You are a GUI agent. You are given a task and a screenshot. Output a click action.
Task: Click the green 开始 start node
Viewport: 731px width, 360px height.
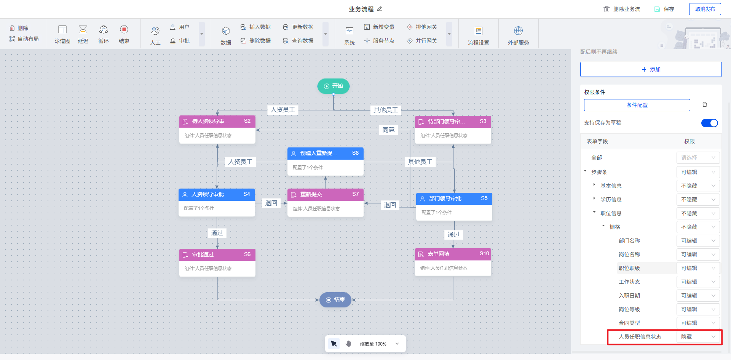tap(334, 86)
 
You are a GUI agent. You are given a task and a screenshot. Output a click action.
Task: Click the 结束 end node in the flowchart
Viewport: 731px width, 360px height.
tap(335, 300)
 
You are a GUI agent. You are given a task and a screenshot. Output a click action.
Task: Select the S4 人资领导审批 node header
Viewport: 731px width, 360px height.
tap(217, 194)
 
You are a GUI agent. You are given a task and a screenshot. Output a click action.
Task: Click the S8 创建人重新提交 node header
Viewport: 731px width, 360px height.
tap(325, 153)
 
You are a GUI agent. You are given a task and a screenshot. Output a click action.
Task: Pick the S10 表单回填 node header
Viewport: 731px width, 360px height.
tap(453, 254)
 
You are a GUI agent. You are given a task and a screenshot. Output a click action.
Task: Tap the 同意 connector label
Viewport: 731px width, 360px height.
tap(388, 130)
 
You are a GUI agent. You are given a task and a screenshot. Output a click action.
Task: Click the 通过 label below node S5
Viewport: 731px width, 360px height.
tap(453, 235)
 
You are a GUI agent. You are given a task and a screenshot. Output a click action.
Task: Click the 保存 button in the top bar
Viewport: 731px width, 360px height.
tap(664, 9)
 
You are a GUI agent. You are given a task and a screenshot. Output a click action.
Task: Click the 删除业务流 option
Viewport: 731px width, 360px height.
tap(622, 9)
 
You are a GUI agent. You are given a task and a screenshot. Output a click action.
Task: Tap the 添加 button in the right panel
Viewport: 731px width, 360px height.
tap(651, 69)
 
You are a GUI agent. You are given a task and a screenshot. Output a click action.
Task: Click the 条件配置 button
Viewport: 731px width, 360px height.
tap(637, 105)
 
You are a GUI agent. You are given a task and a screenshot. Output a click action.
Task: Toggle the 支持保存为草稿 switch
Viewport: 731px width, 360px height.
tap(709, 123)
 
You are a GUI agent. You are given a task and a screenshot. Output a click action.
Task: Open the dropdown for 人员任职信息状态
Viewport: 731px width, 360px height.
tap(698, 337)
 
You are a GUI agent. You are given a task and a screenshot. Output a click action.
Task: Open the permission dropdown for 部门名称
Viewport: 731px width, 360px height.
tap(698, 241)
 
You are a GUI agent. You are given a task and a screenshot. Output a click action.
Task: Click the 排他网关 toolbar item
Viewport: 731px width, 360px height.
tap(422, 27)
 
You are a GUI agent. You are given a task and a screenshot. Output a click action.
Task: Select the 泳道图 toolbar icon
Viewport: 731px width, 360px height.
tap(62, 34)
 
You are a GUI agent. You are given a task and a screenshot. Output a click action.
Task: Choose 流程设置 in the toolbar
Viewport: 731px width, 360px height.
tap(479, 35)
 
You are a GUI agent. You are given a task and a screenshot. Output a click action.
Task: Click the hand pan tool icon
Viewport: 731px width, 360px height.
tap(348, 344)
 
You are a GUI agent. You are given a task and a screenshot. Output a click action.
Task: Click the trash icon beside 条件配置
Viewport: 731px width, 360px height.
tap(705, 105)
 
